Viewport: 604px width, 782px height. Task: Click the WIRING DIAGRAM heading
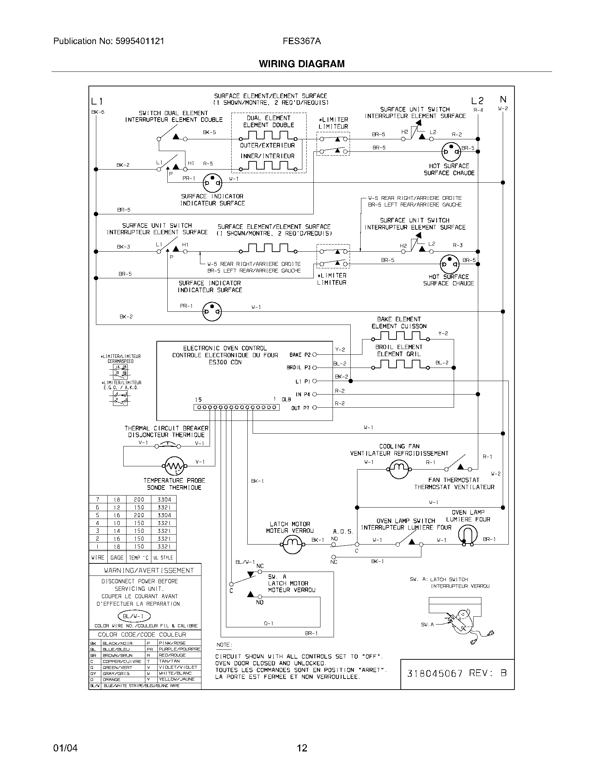[302, 64]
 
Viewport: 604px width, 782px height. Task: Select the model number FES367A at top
[302, 41]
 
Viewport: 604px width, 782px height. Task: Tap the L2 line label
[477, 101]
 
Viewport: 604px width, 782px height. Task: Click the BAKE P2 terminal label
[300, 355]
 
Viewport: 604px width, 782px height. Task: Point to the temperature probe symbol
[174, 466]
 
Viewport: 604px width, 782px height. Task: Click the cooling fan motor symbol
[398, 469]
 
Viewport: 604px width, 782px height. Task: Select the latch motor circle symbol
[292, 545]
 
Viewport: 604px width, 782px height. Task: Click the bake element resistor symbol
[400, 336]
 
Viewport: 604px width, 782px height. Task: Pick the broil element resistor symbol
[400, 365]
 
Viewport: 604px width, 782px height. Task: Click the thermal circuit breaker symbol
[168, 445]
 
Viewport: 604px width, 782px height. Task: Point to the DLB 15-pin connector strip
[237, 407]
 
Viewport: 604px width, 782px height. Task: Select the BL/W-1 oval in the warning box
[134, 616]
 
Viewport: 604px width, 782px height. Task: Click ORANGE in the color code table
[111, 679]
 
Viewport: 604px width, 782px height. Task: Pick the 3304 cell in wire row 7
[164, 499]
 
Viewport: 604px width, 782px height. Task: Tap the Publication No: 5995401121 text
[109, 41]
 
